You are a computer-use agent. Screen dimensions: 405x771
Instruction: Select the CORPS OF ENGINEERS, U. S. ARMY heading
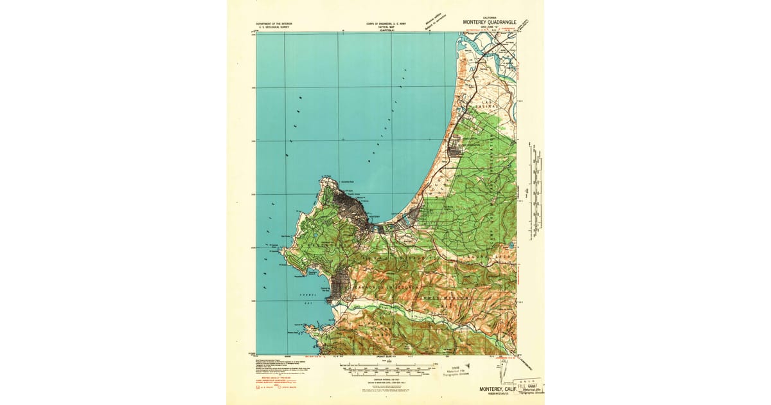[387, 24]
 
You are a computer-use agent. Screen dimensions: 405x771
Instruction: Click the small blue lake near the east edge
[510, 246]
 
